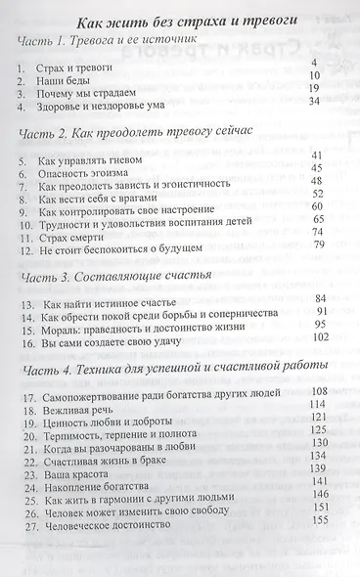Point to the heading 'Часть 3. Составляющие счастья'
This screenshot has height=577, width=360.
[108, 278]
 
